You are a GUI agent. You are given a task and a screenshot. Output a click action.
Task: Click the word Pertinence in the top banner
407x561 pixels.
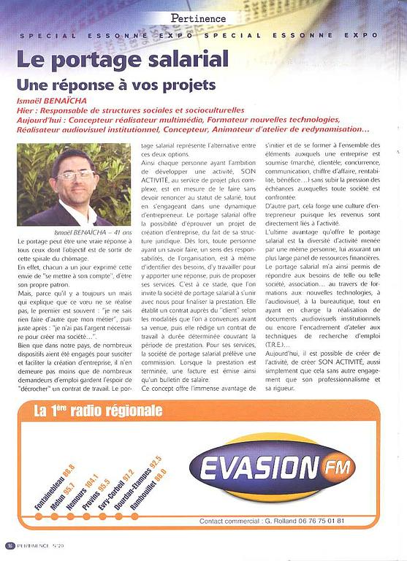point(199,18)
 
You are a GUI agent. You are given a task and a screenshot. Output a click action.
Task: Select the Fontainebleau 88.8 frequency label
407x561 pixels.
point(55,486)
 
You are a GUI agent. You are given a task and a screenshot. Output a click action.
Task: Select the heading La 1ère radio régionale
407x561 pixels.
point(98,411)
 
